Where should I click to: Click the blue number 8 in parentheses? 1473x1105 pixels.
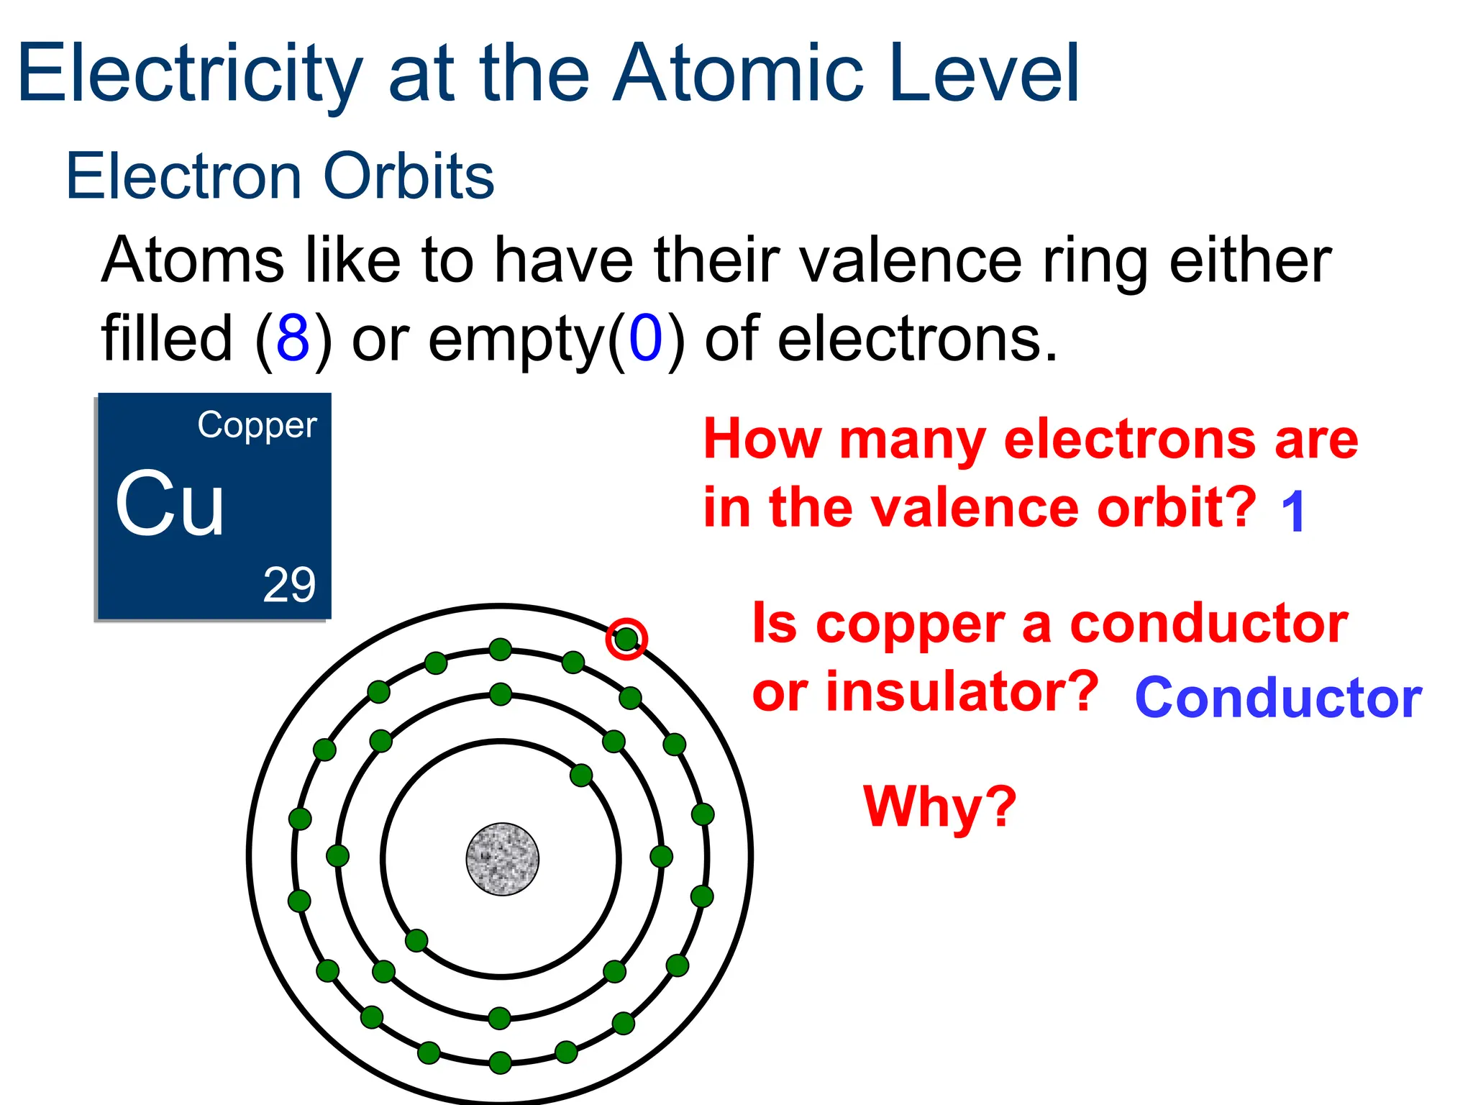(x=293, y=338)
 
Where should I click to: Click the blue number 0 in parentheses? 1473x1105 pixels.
(x=645, y=338)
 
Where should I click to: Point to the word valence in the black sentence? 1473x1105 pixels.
(x=910, y=260)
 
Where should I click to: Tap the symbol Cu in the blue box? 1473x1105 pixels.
(x=170, y=504)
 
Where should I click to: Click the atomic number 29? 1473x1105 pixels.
(x=289, y=585)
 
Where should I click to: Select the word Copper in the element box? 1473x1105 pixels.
(x=257, y=425)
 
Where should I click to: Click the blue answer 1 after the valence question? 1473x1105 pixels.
(x=1293, y=511)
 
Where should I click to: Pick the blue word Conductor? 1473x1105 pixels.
(x=1278, y=698)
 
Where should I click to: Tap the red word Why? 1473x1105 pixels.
(x=940, y=807)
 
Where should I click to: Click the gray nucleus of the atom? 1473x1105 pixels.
(x=502, y=859)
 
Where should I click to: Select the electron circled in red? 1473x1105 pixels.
(x=626, y=638)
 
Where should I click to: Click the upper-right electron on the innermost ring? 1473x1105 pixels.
(x=581, y=775)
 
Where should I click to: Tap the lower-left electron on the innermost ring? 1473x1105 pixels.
(x=416, y=940)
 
